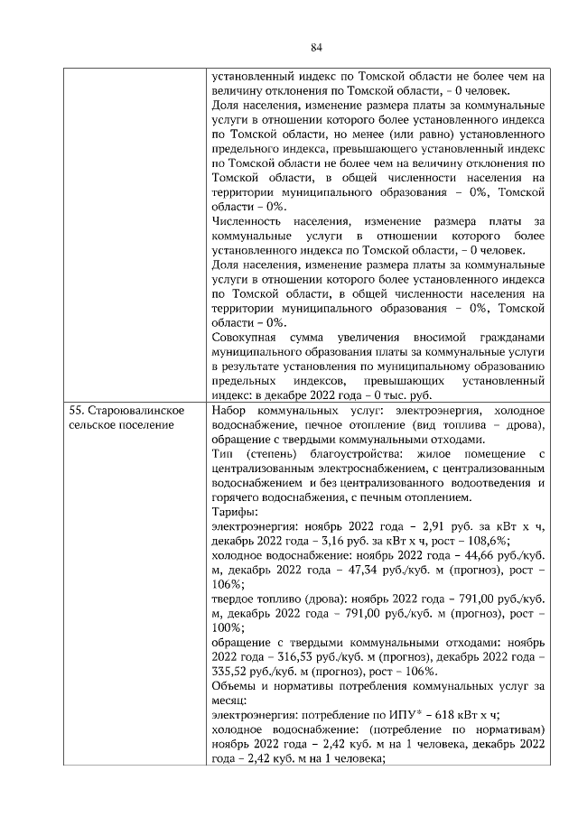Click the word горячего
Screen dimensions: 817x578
pyautogui.click(x=238, y=494)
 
